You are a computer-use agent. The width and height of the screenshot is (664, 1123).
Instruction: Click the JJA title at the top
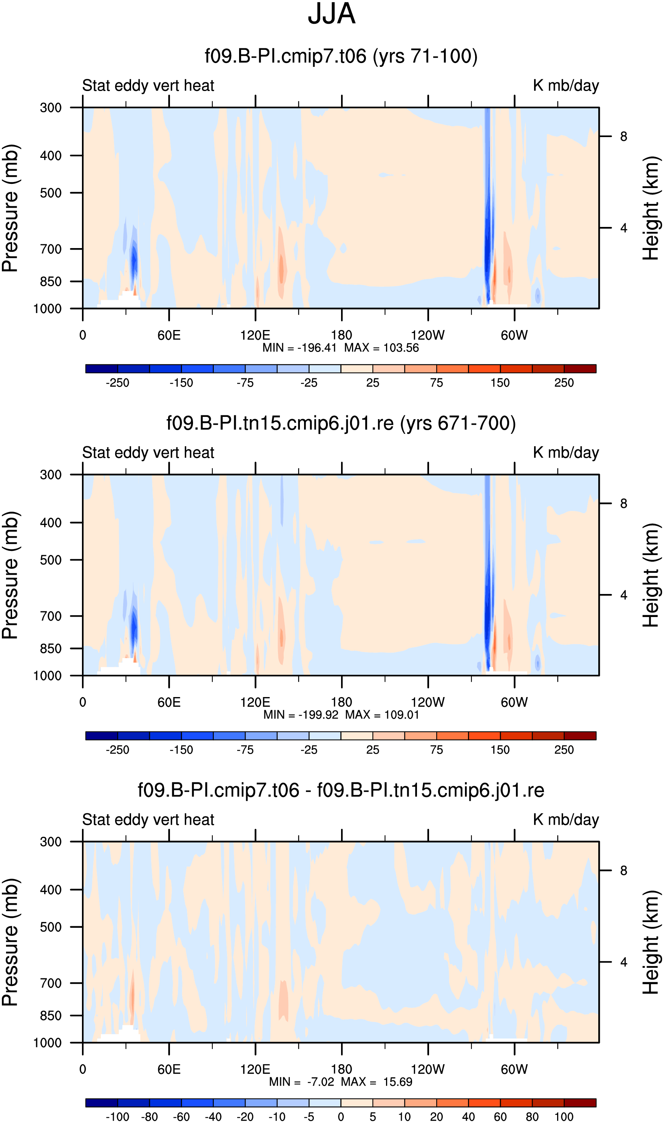click(332, 14)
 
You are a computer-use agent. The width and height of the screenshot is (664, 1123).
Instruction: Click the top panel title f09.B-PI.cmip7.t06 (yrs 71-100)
click(341, 56)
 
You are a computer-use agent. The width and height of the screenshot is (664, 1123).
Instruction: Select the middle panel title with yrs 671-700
click(341, 423)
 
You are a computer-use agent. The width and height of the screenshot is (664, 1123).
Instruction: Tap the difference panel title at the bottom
click(341, 790)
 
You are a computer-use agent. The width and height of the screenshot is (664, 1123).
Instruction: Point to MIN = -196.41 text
click(300, 348)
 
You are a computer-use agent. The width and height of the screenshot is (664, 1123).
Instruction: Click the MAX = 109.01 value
click(382, 715)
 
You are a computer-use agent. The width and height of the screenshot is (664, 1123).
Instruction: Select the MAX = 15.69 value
click(376, 1082)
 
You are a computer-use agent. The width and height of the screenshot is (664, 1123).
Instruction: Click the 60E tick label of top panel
click(169, 335)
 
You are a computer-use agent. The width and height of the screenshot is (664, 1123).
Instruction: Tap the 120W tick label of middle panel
click(428, 702)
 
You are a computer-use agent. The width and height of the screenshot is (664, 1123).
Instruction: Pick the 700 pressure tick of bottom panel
click(51, 983)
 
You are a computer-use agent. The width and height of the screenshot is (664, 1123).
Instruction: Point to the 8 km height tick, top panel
click(623, 136)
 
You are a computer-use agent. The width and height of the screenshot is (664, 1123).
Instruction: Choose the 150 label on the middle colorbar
click(500, 750)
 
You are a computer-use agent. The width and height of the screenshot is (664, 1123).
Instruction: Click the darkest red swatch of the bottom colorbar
click(580, 1103)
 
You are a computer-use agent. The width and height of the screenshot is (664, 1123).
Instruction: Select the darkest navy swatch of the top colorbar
click(102, 369)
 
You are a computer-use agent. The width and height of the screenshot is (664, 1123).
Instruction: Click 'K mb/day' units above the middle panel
click(565, 453)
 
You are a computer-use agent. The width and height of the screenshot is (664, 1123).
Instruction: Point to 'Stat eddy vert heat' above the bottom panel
click(148, 819)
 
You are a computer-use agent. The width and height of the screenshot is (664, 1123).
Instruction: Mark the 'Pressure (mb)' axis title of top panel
click(10, 208)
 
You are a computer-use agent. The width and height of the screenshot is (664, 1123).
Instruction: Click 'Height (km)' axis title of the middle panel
click(651, 575)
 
